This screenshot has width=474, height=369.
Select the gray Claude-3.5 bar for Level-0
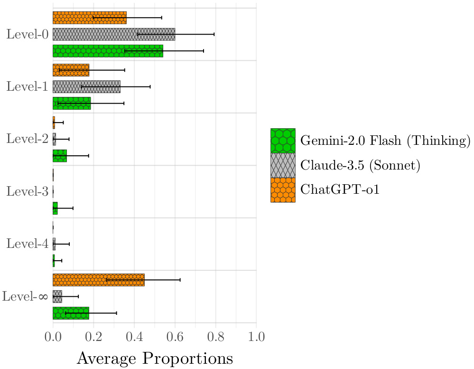click(114, 34)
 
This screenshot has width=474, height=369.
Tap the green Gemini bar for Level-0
click(108, 51)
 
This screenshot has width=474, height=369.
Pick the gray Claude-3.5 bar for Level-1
click(86, 86)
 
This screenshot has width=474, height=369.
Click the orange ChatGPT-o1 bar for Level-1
click(71, 70)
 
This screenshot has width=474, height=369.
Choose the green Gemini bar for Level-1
click(72, 103)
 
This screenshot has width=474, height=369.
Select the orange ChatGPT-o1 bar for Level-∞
click(98, 280)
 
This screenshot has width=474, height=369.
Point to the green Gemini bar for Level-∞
click(71, 313)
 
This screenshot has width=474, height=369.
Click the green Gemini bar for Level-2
click(60, 156)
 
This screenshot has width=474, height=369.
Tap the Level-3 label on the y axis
click(27, 192)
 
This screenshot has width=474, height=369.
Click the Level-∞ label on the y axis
click(25, 297)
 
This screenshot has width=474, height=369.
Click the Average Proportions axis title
click(155, 358)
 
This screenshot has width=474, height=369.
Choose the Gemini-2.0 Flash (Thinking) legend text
click(385, 141)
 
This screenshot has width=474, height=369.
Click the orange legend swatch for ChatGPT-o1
click(283, 190)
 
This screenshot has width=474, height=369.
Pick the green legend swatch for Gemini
click(283, 141)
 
